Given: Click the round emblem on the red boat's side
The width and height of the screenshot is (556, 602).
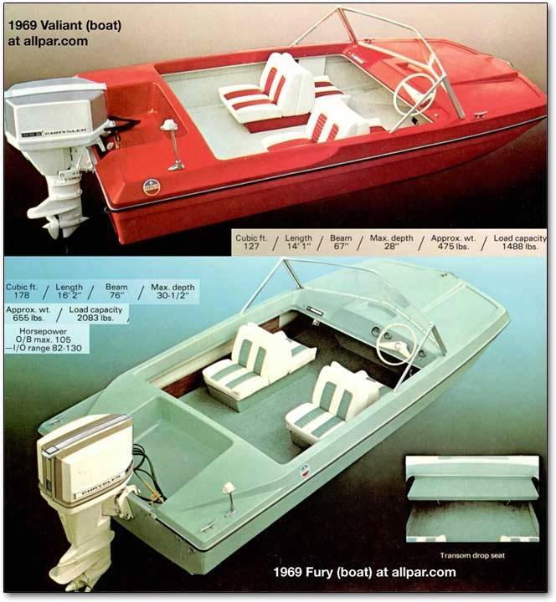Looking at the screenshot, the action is coord(152,187).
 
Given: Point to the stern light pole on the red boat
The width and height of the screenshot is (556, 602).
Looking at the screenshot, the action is coord(173,145).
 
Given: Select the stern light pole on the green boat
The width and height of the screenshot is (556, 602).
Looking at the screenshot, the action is coord(230,497).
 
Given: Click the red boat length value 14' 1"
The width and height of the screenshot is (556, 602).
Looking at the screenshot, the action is coord(299,247).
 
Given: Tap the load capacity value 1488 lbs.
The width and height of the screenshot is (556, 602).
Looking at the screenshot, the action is coord(520,247).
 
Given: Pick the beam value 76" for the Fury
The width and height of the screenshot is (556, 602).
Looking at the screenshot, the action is coord(116,295).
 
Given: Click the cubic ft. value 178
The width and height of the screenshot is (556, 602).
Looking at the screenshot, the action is coord(22,295).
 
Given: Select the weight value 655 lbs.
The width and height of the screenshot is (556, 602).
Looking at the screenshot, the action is coord(28,318).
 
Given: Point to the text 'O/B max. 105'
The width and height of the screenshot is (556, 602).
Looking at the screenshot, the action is coord(44,339).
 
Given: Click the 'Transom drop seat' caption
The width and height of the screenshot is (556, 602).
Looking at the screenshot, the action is coord(472,555).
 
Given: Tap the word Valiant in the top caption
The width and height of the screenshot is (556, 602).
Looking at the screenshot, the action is coord(61,25).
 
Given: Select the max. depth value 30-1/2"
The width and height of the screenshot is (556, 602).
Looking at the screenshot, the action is coord(172,295).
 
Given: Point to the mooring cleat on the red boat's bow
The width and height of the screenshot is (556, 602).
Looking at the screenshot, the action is coord(481,114).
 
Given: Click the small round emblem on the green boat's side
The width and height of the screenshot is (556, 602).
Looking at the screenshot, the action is coord(305,471).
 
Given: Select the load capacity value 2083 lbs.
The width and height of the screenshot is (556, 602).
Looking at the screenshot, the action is coord(95,318).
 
